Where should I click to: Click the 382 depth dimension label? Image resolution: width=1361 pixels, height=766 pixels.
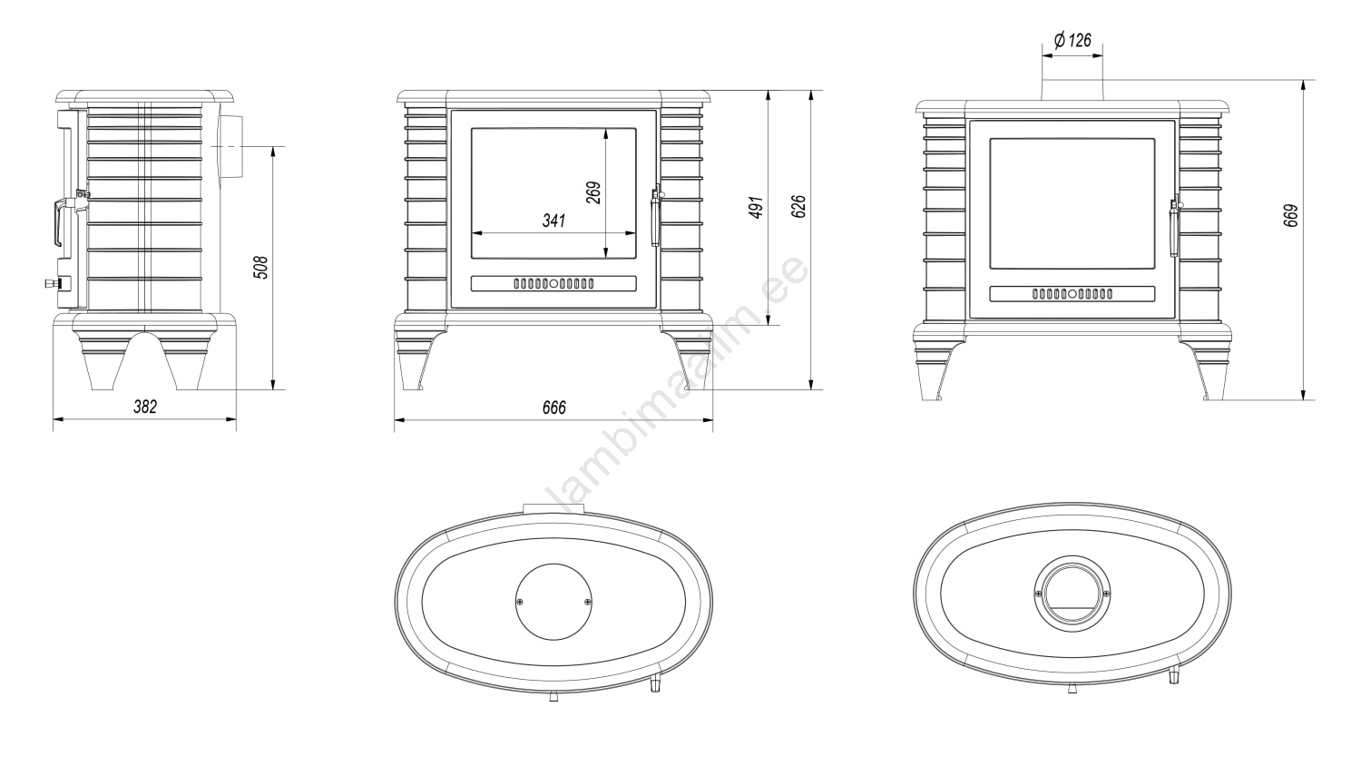coord(145,407)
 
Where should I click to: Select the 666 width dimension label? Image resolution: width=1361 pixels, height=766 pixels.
coord(554,408)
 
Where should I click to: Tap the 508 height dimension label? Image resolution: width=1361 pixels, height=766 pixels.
coord(260,268)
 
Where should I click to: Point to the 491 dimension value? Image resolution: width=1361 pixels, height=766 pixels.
coord(756,207)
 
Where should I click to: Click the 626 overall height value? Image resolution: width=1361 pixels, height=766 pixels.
coord(798,207)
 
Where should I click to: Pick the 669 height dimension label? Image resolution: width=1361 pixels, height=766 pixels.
coord(1290,216)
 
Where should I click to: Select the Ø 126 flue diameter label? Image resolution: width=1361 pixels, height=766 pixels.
coord(1072,40)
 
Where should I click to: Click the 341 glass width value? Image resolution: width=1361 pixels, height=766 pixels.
coord(554,220)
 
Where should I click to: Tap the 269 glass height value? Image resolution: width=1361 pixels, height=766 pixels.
coord(593,192)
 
